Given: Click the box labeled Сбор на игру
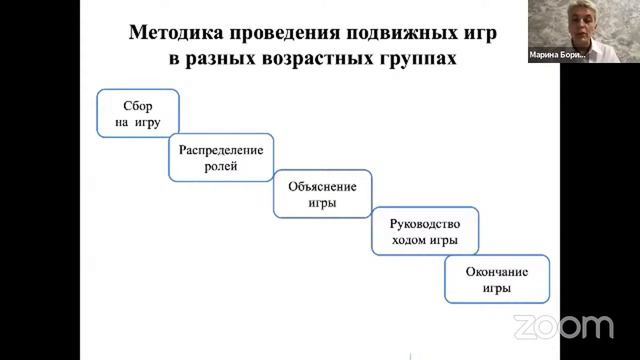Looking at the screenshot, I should click(138, 113).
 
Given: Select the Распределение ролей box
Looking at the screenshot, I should click(221, 158).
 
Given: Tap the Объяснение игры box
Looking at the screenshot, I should click(322, 193).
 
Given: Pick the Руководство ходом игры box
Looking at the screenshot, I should click(425, 231).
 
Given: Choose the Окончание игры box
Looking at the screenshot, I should click(497, 279).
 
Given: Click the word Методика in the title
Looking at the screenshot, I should click(173, 32).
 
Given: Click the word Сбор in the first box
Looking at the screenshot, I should click(138, 105).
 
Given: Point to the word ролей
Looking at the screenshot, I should click(221, 167).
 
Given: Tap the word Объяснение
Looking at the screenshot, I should click(322, 185).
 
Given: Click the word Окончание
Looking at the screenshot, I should click(497, 271).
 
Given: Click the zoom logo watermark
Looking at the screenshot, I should click(563, 326).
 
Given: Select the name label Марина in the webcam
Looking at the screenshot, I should click(546, 56).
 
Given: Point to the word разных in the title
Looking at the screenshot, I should click(217, 59).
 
